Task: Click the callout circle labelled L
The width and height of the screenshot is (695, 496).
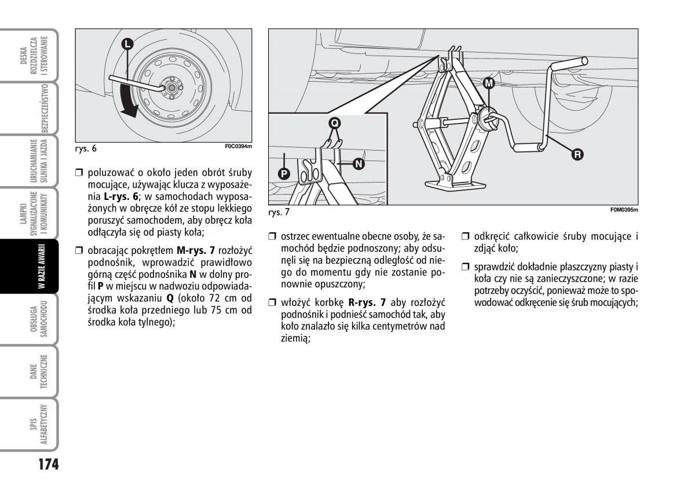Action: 127,43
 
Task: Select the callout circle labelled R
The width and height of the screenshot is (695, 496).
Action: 577,154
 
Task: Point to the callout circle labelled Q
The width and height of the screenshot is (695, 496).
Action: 335,122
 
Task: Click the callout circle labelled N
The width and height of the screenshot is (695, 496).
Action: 359,164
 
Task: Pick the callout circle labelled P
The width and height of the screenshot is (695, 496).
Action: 283,173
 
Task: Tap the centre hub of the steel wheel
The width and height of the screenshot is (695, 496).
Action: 172,87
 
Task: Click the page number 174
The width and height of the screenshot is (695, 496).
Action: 42,465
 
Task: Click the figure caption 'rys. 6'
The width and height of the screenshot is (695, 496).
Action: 86,148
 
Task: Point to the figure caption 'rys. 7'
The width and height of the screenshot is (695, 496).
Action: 279,213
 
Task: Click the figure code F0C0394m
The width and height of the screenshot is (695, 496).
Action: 238,146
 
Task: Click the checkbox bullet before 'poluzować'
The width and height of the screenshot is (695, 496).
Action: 80,172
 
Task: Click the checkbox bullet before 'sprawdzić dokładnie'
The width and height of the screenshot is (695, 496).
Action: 465,267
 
